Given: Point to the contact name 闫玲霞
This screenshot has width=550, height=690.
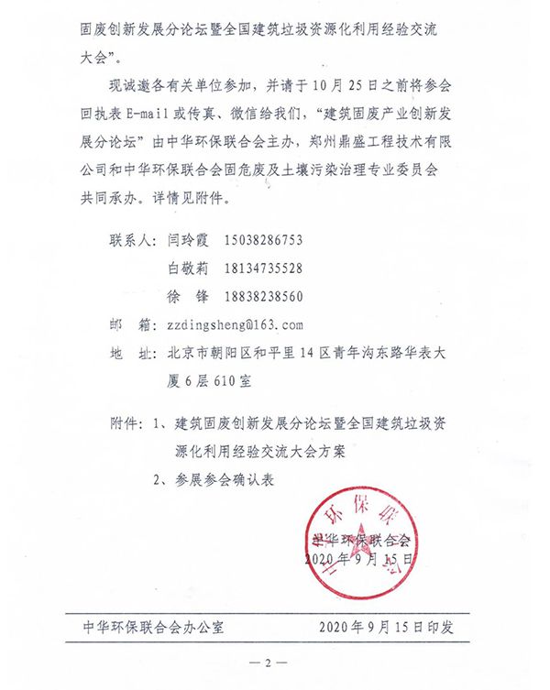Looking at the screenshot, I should (189, 241).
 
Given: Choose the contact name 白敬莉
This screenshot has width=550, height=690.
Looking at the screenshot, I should (189, 268).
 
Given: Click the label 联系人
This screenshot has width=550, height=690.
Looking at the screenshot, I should (133, 241).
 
